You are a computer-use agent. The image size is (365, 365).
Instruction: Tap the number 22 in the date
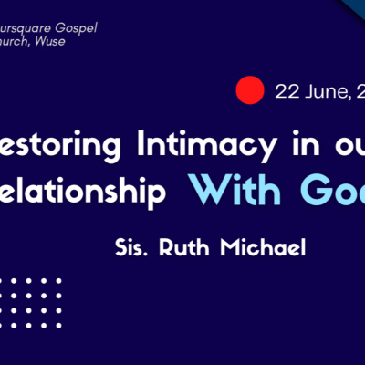click(x=287, y=91)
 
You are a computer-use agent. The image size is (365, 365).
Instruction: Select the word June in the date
click(x=323, y=91)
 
